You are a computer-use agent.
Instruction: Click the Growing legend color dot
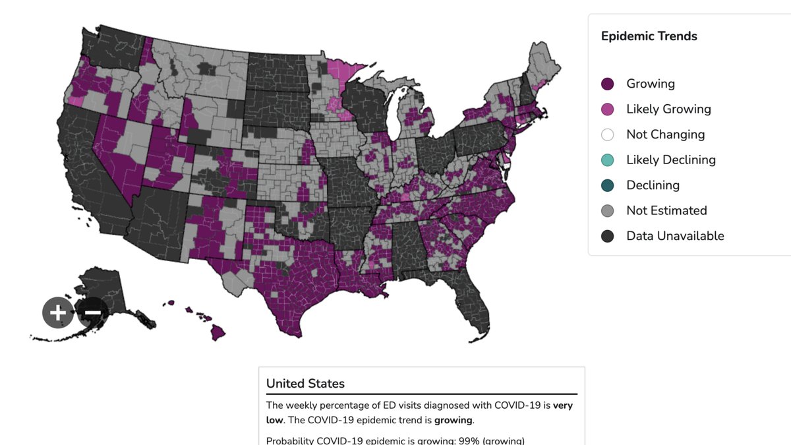point(607,84)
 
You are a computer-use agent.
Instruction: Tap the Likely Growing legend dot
point(607,109)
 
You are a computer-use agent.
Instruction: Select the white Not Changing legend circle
point(607,134)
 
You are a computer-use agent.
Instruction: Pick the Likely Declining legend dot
point(607,160)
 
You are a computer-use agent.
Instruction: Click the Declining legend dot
point(607,185)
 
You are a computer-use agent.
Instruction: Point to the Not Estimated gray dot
point(607,211)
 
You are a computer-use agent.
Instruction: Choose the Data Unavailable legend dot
point(607,236)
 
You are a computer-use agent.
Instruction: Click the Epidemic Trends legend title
point(649,36)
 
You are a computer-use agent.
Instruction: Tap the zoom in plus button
point(57,312)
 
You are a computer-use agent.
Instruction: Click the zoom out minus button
point(92,312)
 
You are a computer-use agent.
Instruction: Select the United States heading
point(305,384)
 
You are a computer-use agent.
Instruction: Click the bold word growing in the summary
point(453,421)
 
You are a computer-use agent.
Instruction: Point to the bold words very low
point(419,413)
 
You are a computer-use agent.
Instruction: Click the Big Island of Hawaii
point(218,332)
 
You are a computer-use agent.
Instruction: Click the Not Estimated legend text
point(666,211)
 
